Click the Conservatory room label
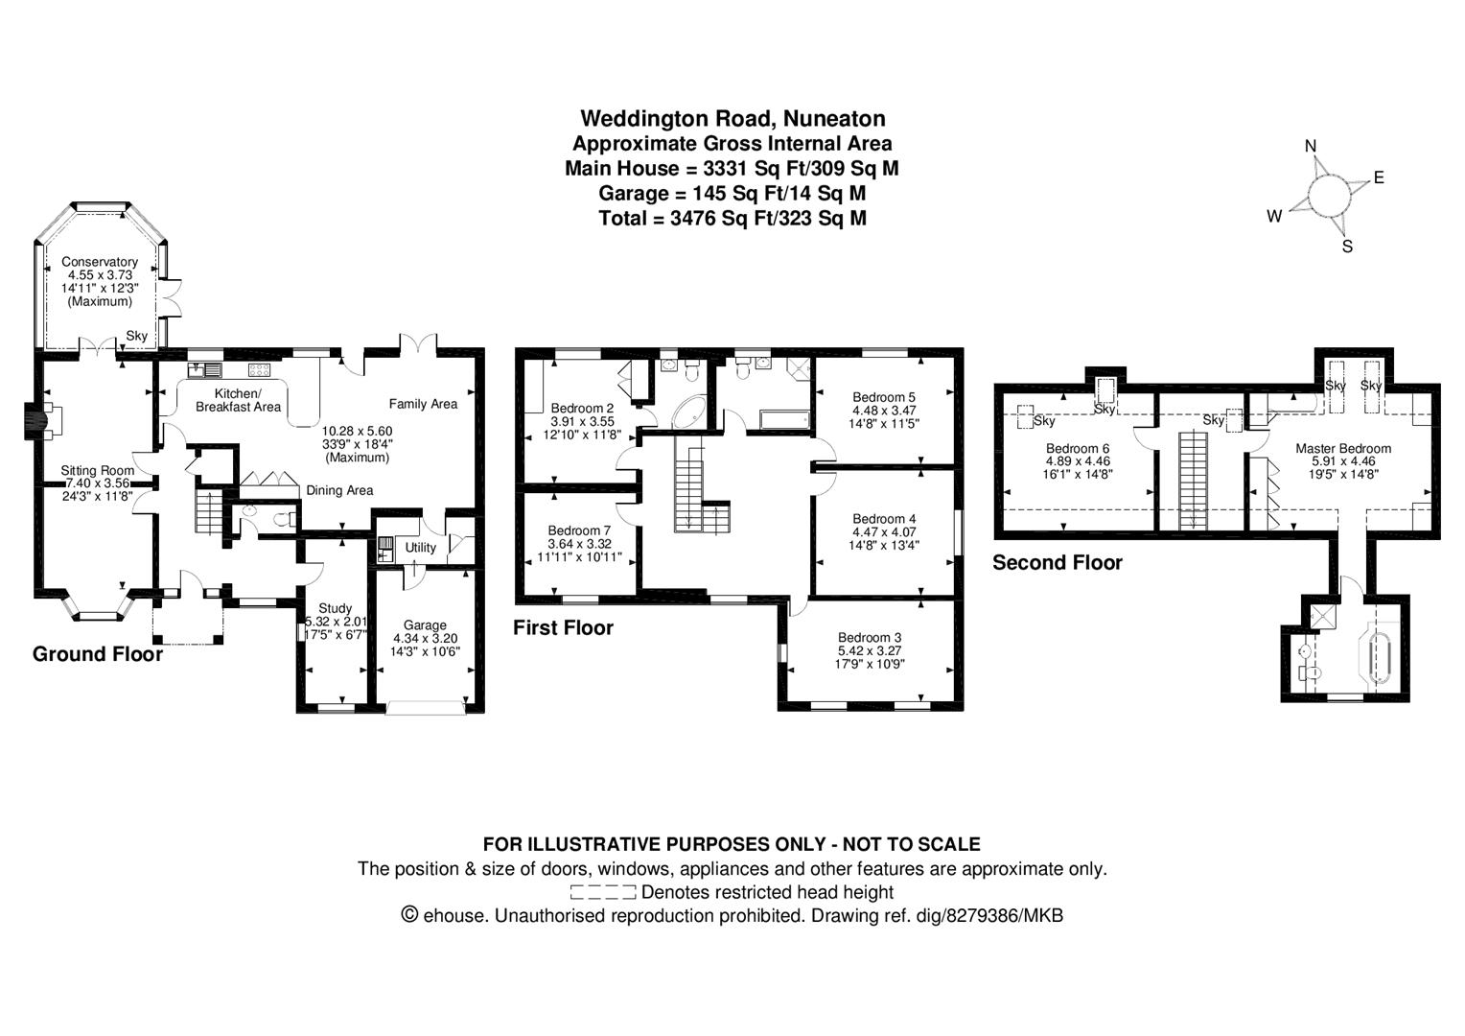(x=100, y=262)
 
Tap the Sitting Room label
(x=98, y=470)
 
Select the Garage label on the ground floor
(x=424, y=625)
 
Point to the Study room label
(x=335, y=608)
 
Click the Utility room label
(x=421, y=548)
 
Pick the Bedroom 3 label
(x=870, y=637)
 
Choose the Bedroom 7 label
(x=579, y=530)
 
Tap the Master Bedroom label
(x=1342, y=448)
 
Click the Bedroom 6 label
(x=1078, y=448)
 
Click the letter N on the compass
(x=1311, y=146)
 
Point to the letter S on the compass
(x=1347, y=247)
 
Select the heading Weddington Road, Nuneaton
(x=732, y=118)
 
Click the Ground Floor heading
(x=98, y=654)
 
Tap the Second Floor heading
(x=1057, y=563)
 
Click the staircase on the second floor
(x=1192, y=478)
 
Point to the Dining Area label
(x=339, y=490)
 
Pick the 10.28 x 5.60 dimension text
(x=357, y=431)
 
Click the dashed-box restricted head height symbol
(x=602, y=892)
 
